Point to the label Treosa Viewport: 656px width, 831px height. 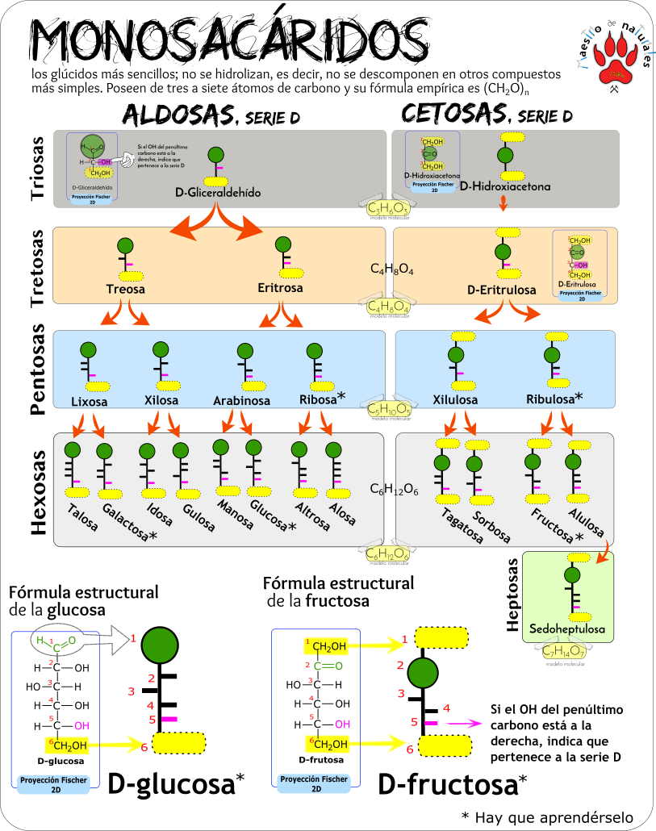(x=124, y=288)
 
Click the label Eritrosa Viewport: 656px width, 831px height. (x=280, y=288)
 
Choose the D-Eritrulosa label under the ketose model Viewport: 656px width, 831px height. (x=501, y=290)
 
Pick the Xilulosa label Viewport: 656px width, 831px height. (x=456, y=400)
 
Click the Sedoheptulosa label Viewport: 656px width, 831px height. (x=566, y=628)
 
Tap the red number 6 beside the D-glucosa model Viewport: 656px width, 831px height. (x=144, y=747)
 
